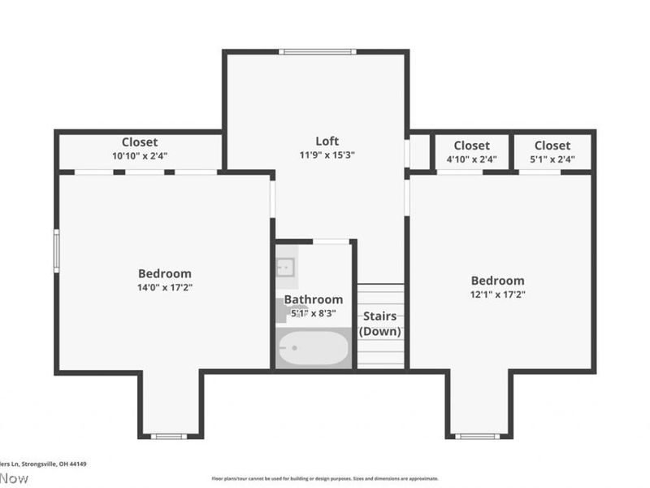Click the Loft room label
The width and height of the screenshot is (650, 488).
pos(327,141)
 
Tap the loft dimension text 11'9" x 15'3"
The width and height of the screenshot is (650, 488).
pos(328,155)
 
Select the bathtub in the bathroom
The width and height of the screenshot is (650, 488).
pos(314,349)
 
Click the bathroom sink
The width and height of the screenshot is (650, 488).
pos(285,267)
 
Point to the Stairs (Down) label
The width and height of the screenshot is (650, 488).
pos(380,324)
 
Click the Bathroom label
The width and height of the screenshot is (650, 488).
pos(313,299)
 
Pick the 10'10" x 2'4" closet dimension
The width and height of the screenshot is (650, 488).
pos(140,155)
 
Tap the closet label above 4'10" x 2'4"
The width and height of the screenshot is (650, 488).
pos(472,146)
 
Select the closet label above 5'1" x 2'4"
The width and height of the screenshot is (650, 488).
pos(552,146)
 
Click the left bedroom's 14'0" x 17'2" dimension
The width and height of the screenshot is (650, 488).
pos(164,287)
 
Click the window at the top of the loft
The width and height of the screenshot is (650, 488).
pos(317,52)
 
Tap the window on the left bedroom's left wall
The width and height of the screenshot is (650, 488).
pos(56,250)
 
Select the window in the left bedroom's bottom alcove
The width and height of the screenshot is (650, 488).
pos(169,437)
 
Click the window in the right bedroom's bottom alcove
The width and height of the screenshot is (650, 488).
pos(477,437)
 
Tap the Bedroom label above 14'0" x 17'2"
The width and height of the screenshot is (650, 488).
pos(164,273)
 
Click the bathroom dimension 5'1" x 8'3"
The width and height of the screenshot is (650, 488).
pos(313,313)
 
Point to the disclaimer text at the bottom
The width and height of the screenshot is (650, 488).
pos(325,479)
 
